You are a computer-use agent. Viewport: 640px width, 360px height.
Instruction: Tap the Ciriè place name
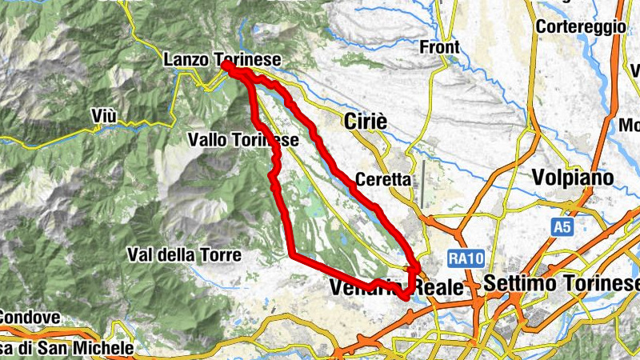point(365,121)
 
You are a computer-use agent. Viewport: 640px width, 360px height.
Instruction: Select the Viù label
point(104,118)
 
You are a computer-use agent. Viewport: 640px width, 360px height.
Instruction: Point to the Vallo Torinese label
point(243,140)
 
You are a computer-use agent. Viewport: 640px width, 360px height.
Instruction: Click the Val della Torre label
point(183,254)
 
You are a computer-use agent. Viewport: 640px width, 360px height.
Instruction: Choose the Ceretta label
point(386,180)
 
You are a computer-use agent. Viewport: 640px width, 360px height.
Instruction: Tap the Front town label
point(440,47)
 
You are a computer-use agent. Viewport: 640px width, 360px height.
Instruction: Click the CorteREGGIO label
point(581,26)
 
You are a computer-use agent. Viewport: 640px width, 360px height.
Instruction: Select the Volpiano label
point(574,177)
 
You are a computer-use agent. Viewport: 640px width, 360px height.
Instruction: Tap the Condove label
point(29,318)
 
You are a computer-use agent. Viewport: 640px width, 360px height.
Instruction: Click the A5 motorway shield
point(562,228)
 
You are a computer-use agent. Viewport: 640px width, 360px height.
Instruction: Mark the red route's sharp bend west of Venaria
point(294,256)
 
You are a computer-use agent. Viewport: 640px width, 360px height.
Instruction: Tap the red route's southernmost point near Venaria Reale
point(406,297)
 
